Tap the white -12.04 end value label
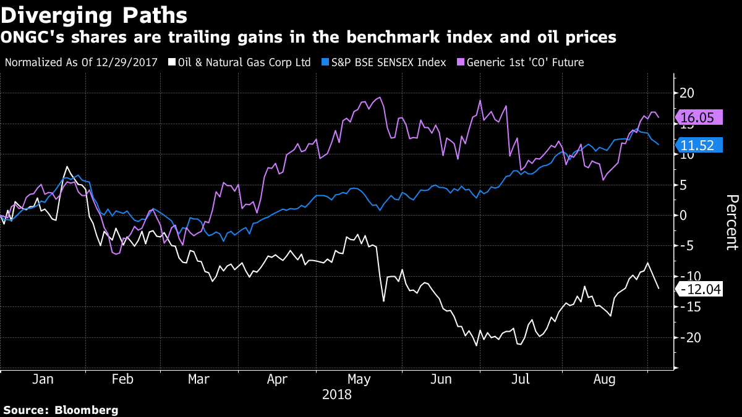tap(701, 289)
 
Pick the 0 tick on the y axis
tap(683, 216)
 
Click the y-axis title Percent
tap(731, 222)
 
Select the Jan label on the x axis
tap(42, 380)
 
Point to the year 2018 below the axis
tap(336, 394)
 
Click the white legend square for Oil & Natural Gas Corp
tap(172, 62)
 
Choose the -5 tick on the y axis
tap(684, 246)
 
